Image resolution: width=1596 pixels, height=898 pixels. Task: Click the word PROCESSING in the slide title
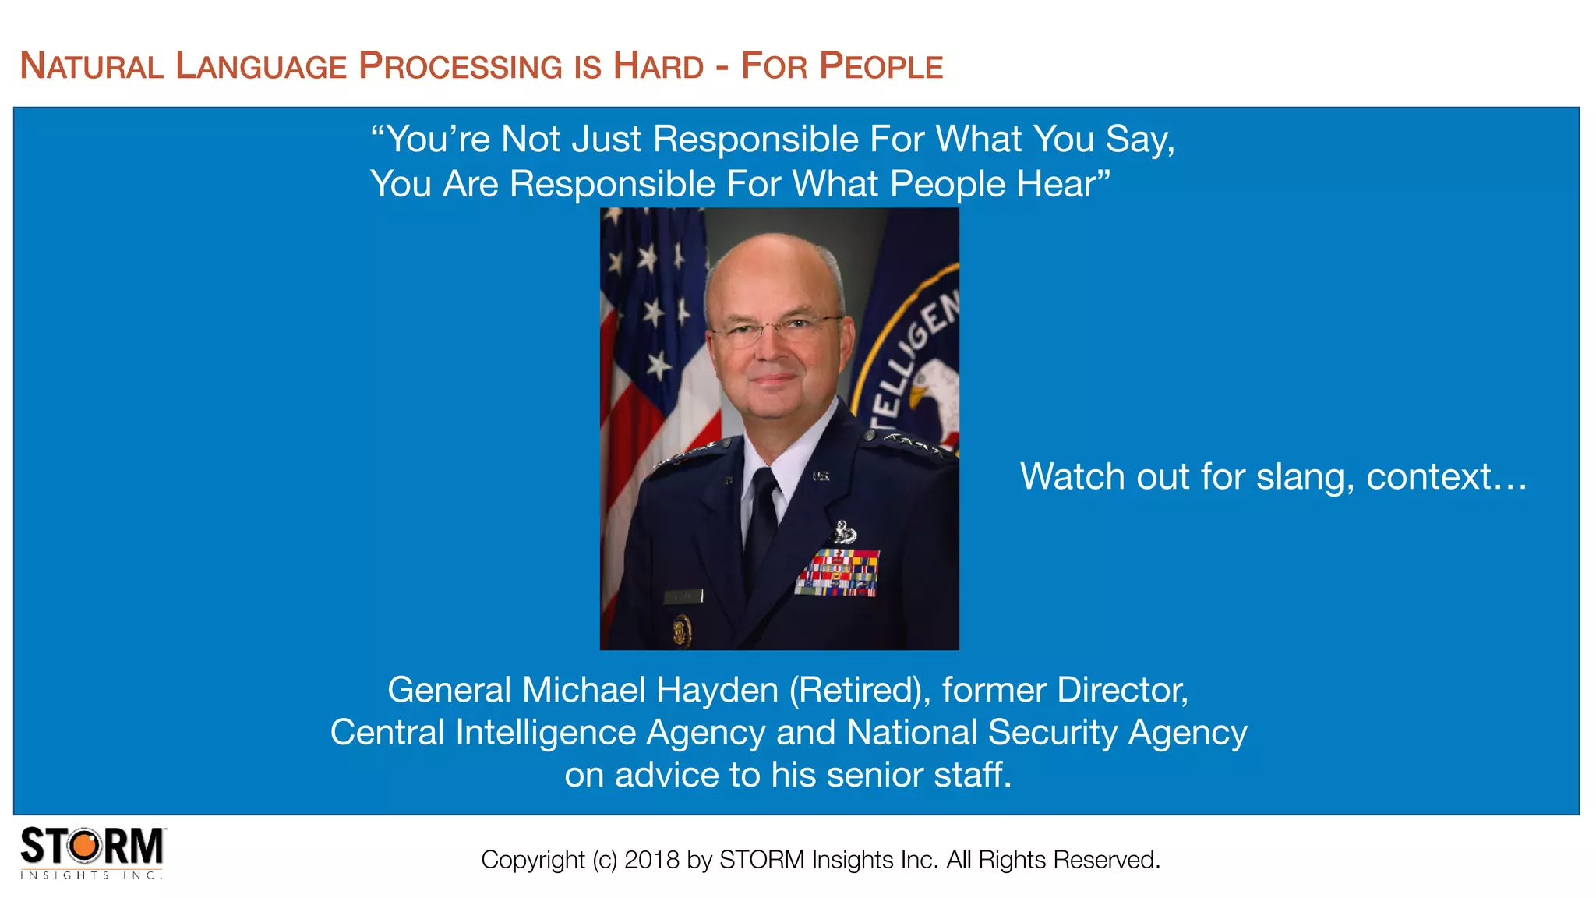460,66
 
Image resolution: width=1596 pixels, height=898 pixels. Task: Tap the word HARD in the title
659,66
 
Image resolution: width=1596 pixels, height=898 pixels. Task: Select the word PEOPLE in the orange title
881,66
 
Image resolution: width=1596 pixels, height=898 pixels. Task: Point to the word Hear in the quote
1060,185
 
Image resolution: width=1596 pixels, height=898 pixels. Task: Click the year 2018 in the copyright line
651,860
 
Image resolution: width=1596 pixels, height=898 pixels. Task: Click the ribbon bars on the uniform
838,573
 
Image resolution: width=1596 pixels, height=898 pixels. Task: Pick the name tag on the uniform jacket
683,596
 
